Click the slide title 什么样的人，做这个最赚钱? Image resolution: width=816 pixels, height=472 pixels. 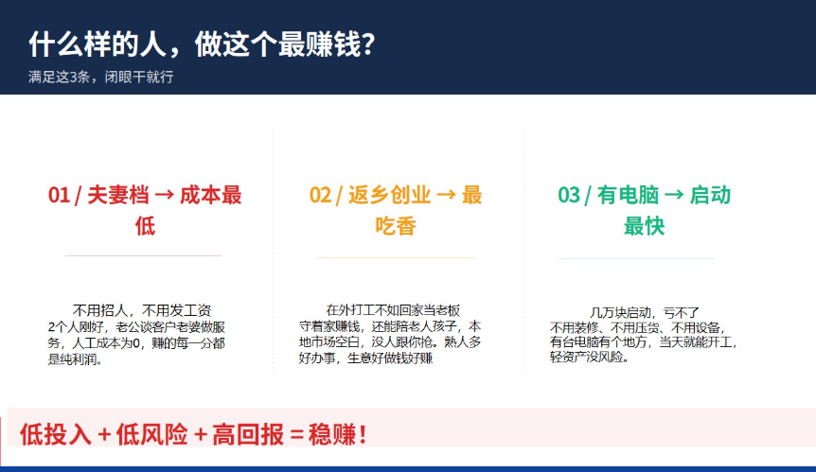click(202, 44)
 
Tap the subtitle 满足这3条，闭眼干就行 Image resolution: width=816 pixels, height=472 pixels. click(101, 77)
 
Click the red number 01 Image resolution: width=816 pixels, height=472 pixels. click(59, 196)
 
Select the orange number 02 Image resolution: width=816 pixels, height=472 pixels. click(320, 196)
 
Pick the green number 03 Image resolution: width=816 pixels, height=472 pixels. click(569, 196)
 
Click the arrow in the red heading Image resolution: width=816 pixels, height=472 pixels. click(165, 196)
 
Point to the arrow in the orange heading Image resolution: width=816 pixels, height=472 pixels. click(446, 196)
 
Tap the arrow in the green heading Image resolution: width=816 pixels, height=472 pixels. click(674, 196)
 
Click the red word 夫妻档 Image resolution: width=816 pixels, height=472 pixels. click(118, 196)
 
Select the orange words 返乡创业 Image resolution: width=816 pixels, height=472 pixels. click(390, 196)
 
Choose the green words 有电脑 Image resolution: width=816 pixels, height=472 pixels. click(629, 196)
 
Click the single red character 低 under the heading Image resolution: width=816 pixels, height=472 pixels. click(145, 226)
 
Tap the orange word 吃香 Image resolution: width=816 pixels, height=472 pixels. click(396, 226)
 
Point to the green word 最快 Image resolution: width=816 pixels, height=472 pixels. click(645, 226)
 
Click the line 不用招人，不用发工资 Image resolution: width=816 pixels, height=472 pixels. click(142, 311)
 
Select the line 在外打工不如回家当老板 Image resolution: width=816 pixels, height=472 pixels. click(393, 310)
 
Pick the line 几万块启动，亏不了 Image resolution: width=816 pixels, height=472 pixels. click(645, 313)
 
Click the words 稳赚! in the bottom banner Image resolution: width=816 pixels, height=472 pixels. click(338, 434)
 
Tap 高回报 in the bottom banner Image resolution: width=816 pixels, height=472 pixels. click(248, 434)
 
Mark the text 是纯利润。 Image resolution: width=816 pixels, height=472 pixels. click(75, 359)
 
